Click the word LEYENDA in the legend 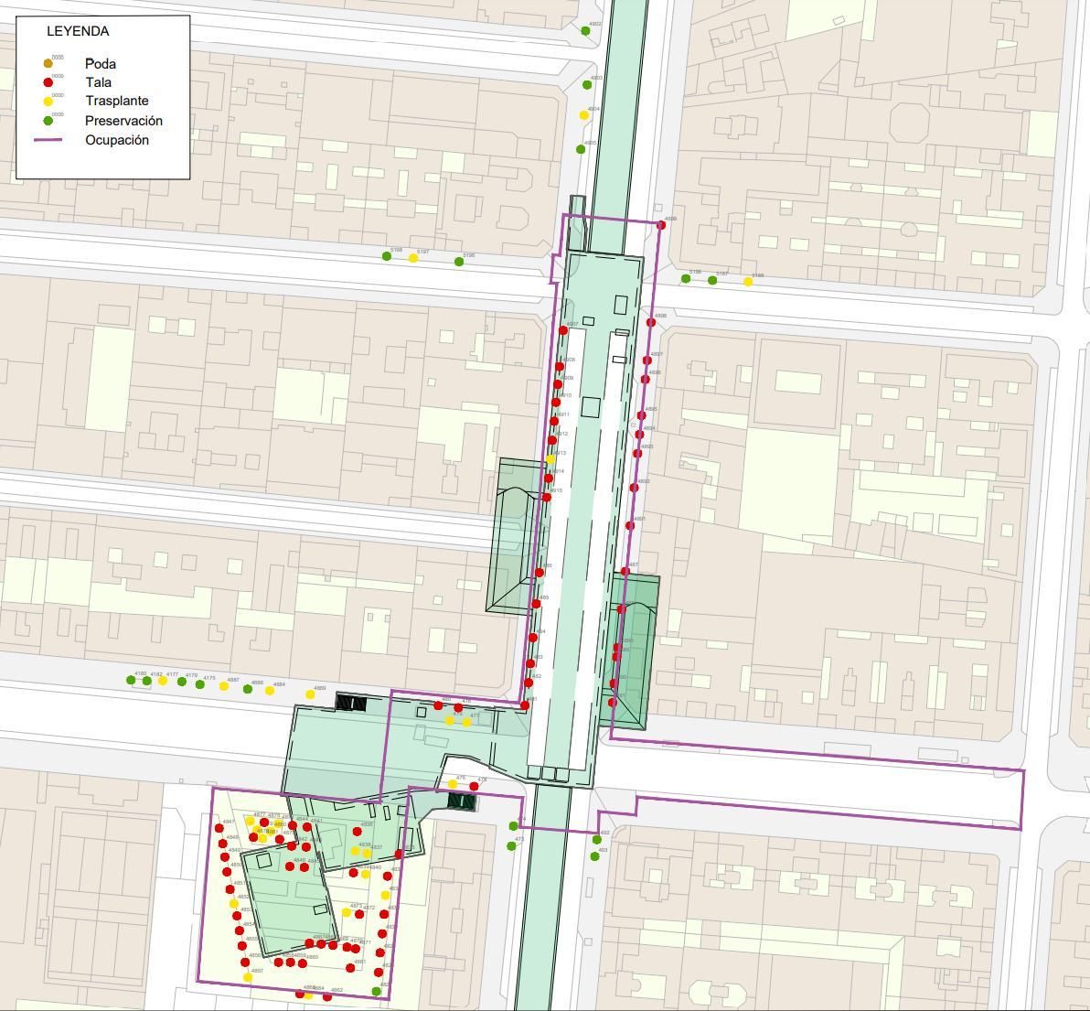tap(78, 31)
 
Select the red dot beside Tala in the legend tap(48, 83)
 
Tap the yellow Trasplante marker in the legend tap(48, 102)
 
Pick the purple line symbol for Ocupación tap(48, 140)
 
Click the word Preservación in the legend tap(123, 121)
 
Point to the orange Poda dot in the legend tap(48, 64)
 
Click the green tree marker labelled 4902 tap(585, 31)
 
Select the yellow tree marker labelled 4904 tap(583, 115)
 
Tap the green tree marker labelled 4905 tap(581, 149)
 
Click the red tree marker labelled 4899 tap(661, 225)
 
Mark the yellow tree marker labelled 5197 tap(413, 258)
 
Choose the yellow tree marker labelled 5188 tap(748, 282)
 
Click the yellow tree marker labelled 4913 tap(550, 458)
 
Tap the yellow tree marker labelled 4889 tap(310, 694)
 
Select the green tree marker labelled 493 tap(594, 857)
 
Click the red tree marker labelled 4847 tap(220, 829)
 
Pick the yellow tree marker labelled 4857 tap(248, 977)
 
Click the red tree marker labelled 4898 tap(651, 322)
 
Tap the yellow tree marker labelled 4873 tap(347, 912)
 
